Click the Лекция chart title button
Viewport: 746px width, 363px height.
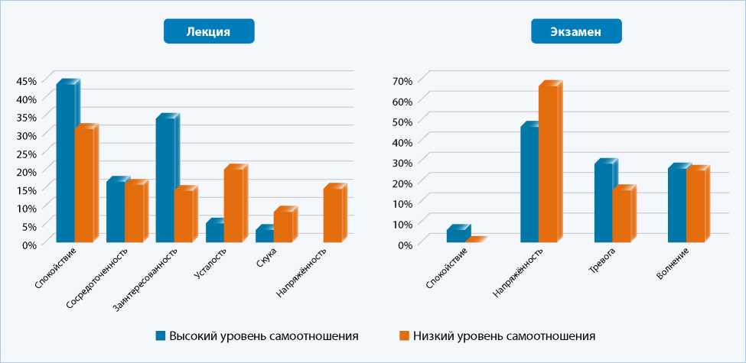(x=208, y=31)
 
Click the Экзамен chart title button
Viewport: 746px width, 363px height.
(x=576, y=31)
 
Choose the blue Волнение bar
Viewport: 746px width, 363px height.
(x=677, y=205)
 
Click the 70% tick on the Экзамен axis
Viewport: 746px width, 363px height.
(x=402, y=81)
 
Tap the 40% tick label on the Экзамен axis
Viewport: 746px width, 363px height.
(x=402, y=142)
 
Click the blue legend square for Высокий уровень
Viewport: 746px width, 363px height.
(x=161, y=335)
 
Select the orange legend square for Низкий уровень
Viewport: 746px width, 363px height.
(x=405, y=335)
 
